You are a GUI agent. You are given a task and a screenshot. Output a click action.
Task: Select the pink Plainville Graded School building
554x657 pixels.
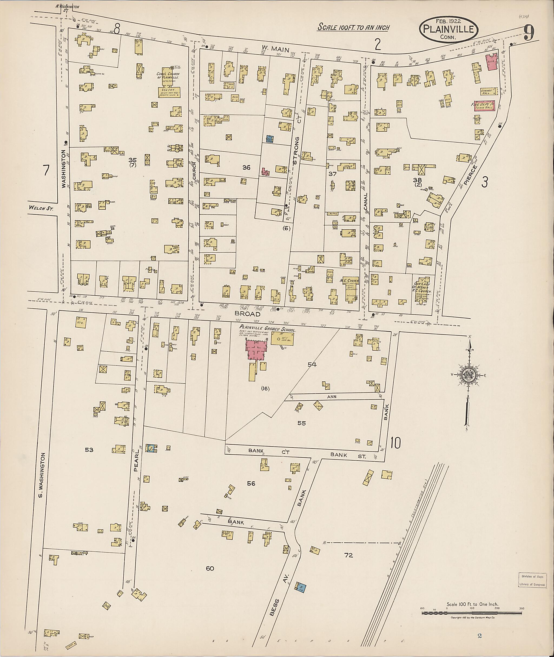[257, 350]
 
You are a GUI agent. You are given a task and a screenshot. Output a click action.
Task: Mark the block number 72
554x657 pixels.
[349, 555]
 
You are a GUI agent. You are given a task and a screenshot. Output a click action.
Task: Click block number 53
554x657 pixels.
[89, 450]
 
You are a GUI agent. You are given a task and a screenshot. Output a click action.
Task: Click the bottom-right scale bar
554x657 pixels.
[472, 612]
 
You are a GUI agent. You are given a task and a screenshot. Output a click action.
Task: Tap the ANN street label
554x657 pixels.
[332, 397]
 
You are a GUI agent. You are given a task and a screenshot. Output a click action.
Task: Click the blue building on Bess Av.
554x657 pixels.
[301, 587]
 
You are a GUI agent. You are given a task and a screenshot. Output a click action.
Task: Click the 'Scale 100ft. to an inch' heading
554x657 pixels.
[353, 27]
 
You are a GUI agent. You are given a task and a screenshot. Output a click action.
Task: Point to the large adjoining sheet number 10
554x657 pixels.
[395, 443]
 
